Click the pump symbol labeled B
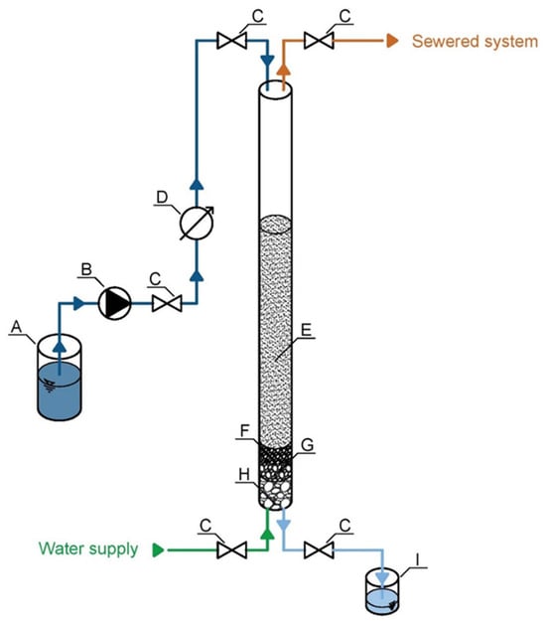tap(114, 303)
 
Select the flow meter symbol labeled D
tap(197, 223)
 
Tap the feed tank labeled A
tap(60, 378)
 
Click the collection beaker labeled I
tap(382, 591)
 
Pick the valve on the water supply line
tap(232, 549)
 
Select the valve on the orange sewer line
tap(319, 41)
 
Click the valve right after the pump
tap(167, 304)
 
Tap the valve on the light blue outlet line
tap(319, 549)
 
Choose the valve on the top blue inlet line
tap(232, 41)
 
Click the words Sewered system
tap(475, 42)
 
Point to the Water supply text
tap(88, 549)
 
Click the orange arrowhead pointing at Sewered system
tap(393, 41)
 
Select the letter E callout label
tap(307, 330)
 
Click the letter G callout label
tap(308, 445)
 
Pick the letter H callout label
tap(244, 474)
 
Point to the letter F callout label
tap(245, 430)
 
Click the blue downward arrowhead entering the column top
tap(267, 62)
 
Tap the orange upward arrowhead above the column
tap(283, 70)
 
